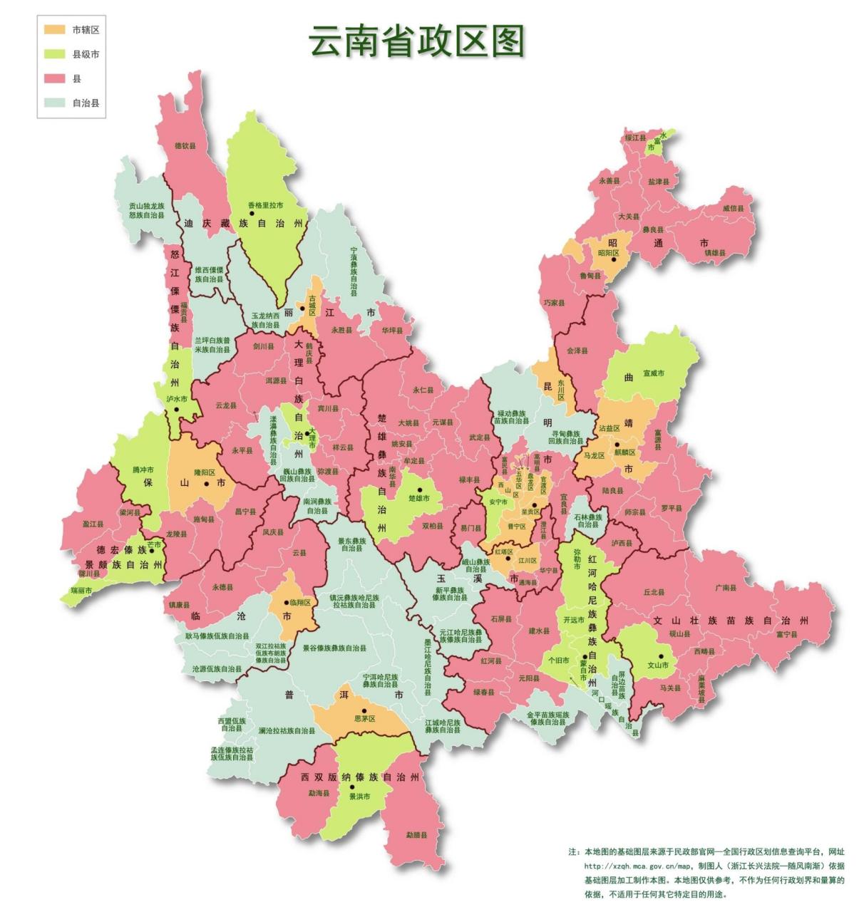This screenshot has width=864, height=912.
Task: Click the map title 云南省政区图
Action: pos(416,42)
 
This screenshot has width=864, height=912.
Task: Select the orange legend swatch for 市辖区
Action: pos(53,30)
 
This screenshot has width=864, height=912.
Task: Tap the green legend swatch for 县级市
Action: pos(53,54)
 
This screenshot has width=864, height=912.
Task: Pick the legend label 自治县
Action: pos(86,103)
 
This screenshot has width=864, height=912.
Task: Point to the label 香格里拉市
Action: pos(266,205)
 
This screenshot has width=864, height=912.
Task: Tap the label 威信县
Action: pos(738,208)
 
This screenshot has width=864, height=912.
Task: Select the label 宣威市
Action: pos(653,373)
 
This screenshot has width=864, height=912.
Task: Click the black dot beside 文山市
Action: pos(661,656)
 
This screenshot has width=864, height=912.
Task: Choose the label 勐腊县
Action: pos(416,834)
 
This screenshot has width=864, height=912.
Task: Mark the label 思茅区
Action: pos(364,720)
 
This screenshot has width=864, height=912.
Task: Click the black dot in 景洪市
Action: pos(351,787)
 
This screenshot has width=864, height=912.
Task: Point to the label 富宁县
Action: pos(787,633)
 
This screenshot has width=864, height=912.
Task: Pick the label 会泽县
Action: pos(577,351)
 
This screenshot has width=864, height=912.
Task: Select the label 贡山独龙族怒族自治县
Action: pos(146,210)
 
